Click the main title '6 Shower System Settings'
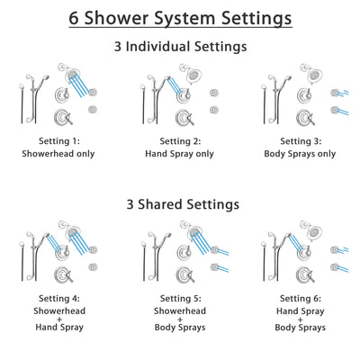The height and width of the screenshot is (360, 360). point(180,18)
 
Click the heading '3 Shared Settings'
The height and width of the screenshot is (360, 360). point(180,204)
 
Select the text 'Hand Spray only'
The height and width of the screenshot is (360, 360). point(179,153)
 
